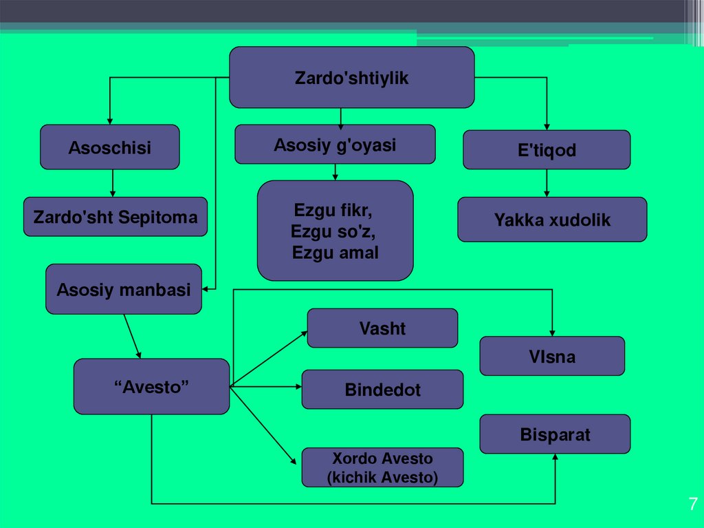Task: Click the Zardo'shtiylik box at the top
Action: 351,78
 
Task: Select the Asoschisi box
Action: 109,147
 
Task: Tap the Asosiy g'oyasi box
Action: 335,145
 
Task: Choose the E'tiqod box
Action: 547,150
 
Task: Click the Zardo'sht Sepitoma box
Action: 115,218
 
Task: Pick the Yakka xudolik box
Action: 552,220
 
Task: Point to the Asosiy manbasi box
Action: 124,290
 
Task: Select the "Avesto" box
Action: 151,387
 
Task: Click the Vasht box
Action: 382,328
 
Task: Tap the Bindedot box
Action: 382,390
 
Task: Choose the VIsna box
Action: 552,357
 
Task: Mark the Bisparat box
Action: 555,434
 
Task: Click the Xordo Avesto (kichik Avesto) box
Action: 382,468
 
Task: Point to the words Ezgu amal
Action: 335,253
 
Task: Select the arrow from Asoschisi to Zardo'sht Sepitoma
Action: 113,184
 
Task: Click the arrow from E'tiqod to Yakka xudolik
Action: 547,184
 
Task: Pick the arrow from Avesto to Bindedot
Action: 265,387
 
